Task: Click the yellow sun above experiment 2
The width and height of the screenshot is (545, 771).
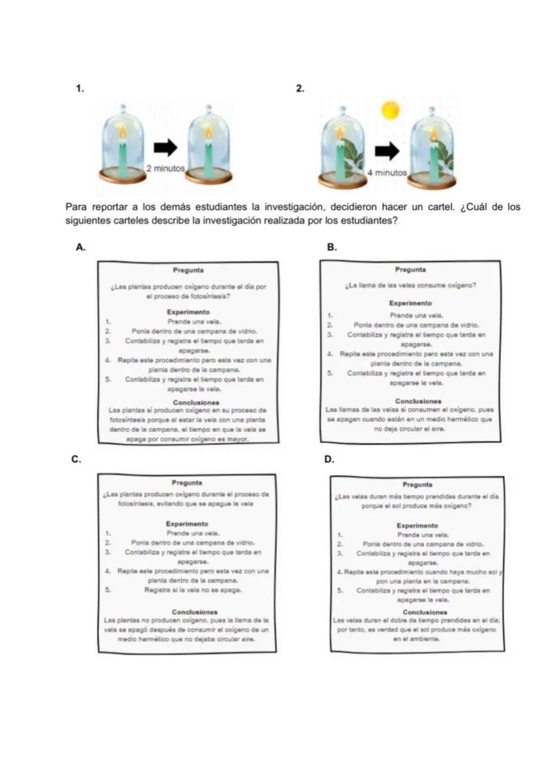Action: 391,109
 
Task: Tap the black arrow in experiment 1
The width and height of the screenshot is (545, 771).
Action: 166,147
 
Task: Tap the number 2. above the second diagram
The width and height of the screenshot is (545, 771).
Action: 300,88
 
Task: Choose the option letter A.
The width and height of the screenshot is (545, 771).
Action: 80,247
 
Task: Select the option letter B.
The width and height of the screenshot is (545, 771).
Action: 332,247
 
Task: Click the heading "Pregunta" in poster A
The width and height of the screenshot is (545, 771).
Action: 188,270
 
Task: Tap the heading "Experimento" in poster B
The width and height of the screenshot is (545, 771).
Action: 410,303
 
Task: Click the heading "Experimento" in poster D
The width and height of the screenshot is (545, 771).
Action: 417,525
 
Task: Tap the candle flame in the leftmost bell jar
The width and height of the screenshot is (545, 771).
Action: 122,132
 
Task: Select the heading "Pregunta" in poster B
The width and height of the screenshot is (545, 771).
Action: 411,269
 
